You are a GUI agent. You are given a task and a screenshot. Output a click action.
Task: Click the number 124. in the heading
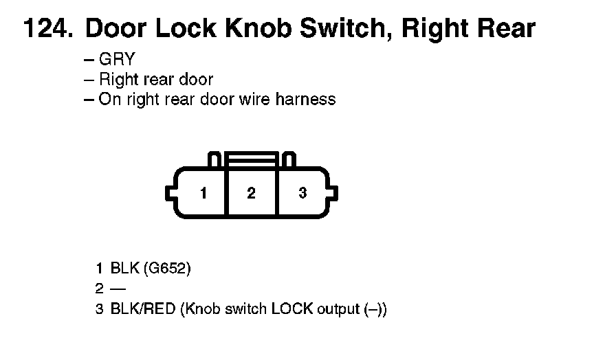pos(49,28)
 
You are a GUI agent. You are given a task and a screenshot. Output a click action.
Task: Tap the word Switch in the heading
pos(356,28)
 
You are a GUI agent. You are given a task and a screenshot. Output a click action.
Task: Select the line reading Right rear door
pos(156,79)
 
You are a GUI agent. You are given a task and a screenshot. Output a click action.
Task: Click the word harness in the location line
pos(305,99)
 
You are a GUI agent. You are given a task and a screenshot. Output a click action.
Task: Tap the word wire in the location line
pos(254,99)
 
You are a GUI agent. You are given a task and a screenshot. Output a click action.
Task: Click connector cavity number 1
pos(203,194)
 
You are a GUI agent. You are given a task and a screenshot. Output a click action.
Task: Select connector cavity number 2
pos(251,194)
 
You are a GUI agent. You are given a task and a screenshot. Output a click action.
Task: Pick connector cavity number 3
pos(302,194)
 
